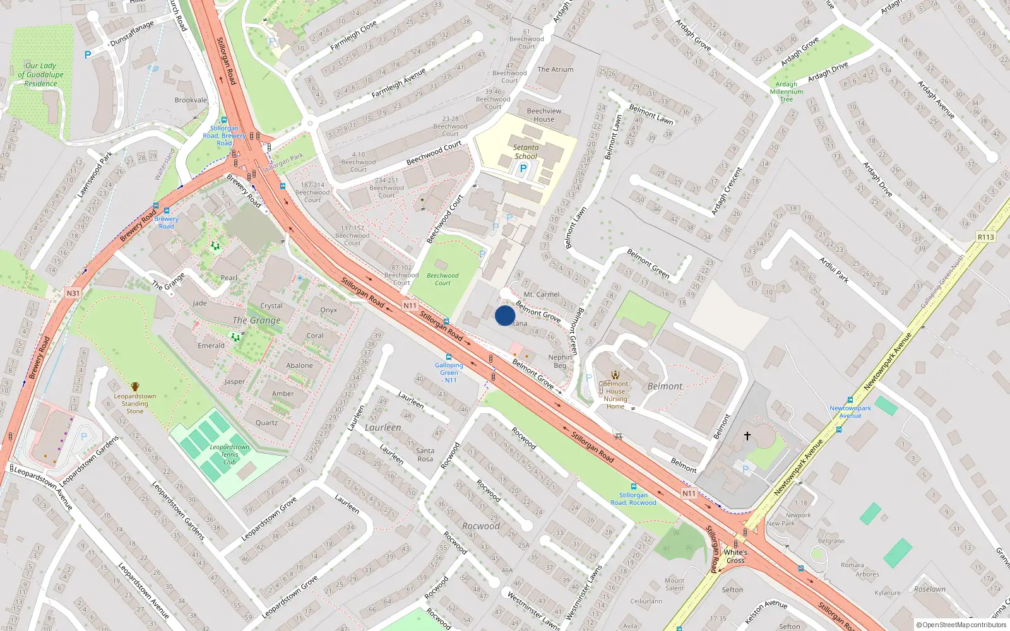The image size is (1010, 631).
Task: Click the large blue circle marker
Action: pyautogui.click(x=505, y=315)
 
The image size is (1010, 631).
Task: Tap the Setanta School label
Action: pyautogui.click(x=526, y=152)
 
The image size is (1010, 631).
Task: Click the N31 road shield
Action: pyautogui.click(x=73, y=293)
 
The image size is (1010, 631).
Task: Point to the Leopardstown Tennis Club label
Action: pyautogui.click(x=229, y=454)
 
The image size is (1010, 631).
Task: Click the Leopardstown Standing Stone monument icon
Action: pyautogui.click(x=134, y=386)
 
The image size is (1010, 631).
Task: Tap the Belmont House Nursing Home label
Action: pyautogui.click(x=615, y=395)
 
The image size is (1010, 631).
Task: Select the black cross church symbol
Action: pyautogui.click(x=747, y=436)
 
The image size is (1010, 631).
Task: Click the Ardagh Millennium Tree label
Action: pyautogui.click(x=787, y=91)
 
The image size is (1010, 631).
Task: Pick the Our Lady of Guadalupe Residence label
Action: pyautogui.click(x=40, y=74)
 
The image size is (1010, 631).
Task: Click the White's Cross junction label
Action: pyautogui.click(x=735, y=556)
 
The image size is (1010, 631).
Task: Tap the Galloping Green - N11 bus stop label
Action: pyautogui.click(x=449, y=372)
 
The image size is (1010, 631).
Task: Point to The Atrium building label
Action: pyautogui.click(x=555, y=69)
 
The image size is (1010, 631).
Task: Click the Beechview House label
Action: pyautogui.click(x=544, y=115)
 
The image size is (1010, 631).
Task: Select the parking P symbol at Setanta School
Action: pyautogui.click(x=523, y=168)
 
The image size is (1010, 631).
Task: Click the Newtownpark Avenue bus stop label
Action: pyautogui.click(x=850, y=411)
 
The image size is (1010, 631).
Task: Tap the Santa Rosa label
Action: pyautogui.click(x=425, y=454)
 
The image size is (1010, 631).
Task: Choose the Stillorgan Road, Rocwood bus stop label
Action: pyautogui.click(x=633, y=499)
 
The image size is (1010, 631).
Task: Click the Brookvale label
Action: pyautogui.click(x=191, y=100)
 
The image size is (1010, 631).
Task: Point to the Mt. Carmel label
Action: pyautogui.click(x=542, y=295)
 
